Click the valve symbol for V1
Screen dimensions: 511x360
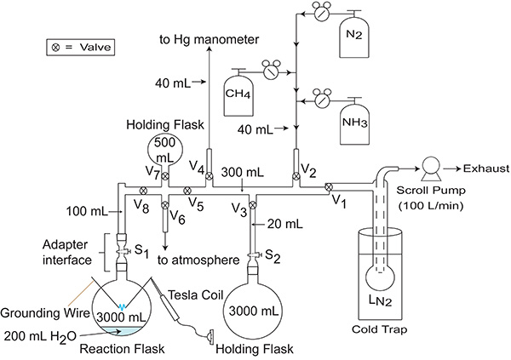click(x=329, y=187)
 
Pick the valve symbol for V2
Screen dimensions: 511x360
click(x=296, y=176)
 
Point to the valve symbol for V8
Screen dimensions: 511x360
click(x=143, y=191)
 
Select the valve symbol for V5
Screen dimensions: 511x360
click(x=187, y=191)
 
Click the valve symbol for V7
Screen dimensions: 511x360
click(x=165, y=176)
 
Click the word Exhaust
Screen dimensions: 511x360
click(x=486, y=169)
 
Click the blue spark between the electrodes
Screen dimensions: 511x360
click(x=122, y=306)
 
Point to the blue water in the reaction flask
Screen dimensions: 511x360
click(x=121, y=331)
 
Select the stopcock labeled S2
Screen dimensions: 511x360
click(x=254, y=254)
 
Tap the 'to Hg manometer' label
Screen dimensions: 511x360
click(x=210, y=39)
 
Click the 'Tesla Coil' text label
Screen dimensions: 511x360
click(x=196, y=295)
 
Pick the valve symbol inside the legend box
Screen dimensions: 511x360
click(x=56, y=48)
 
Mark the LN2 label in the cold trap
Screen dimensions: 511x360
click(x=380, y=300)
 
